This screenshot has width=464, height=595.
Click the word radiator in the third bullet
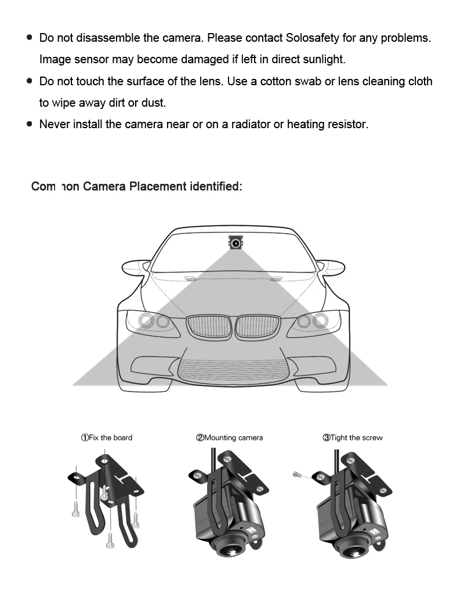pyautogui.click(x=250, y=124)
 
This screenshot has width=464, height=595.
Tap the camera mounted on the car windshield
pyautogui.click(x=235, y=243)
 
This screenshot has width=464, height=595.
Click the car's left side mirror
pyautogui.click(x=136, y=268)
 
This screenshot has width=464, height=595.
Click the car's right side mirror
pyautogui.click(x=329, y=268)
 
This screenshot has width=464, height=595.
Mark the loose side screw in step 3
pyautogui.click(x=297, y=475)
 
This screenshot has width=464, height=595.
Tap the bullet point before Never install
pyautogui.click(x=30, y=124)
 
